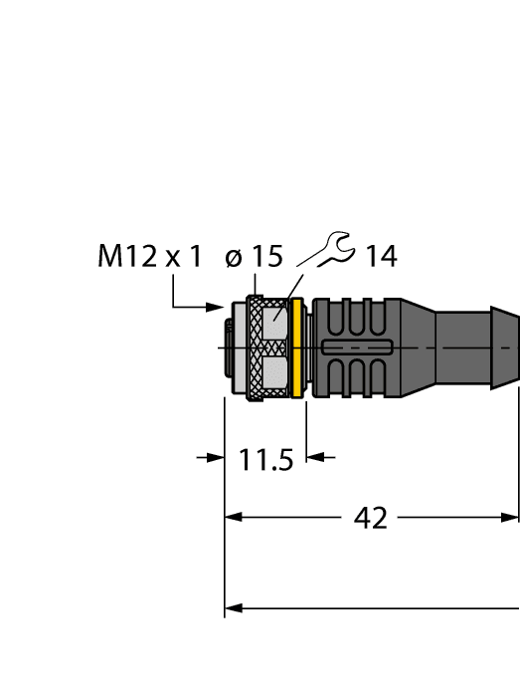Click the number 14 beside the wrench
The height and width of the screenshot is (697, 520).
coord(380,257)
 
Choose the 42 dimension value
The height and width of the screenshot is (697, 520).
coord(371,518)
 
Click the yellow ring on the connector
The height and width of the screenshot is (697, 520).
coord(295,348)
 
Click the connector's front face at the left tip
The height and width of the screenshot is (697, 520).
coord(228,348)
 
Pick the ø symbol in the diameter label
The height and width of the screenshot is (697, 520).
coord(234,258)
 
